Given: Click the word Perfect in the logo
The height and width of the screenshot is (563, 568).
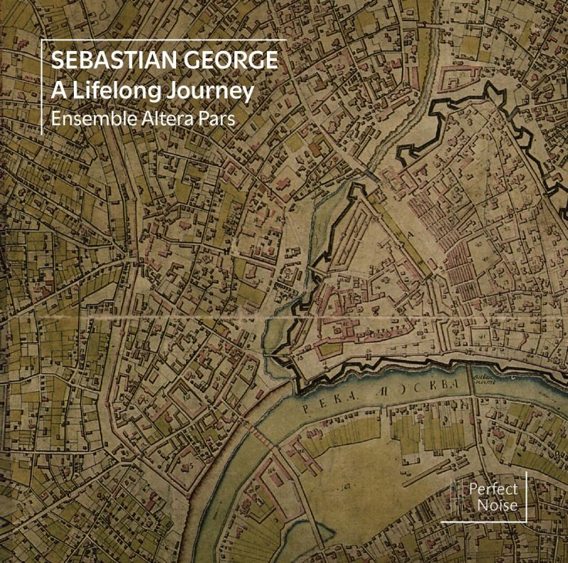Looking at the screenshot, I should point(492,489).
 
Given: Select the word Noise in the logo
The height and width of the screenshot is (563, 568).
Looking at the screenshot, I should point(492,505).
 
